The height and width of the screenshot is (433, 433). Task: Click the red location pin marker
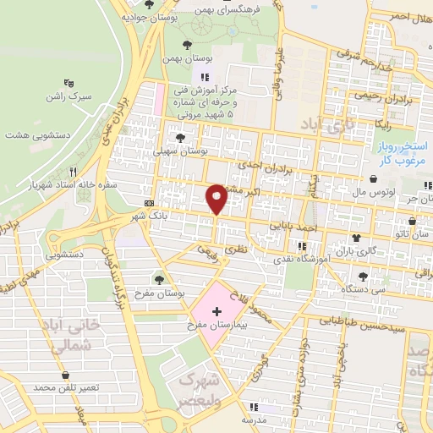tap(216, 198)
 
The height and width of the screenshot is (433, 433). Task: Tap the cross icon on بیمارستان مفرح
tap(217, 311)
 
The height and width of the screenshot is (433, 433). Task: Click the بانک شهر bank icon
tap(150, 203)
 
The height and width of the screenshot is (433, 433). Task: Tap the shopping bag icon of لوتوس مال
tap(375, 179)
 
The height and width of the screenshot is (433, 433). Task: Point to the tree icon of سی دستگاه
tap(364, 276)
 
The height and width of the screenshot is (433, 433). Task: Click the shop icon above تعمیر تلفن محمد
tap(66, 375)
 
